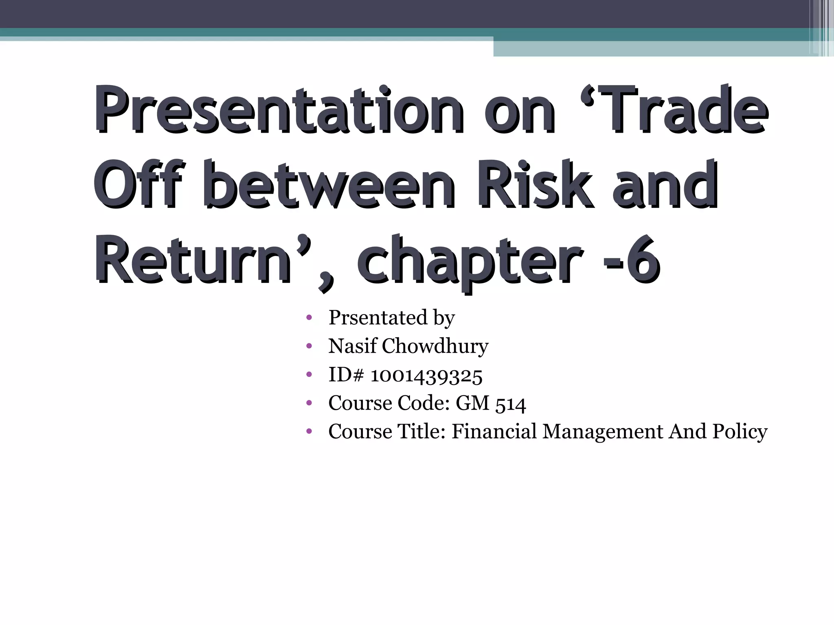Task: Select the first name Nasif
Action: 353,346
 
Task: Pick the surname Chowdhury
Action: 435,346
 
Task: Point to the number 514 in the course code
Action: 511,404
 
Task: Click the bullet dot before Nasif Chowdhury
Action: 309,346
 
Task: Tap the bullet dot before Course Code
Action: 309,403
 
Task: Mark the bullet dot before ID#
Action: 309,375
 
